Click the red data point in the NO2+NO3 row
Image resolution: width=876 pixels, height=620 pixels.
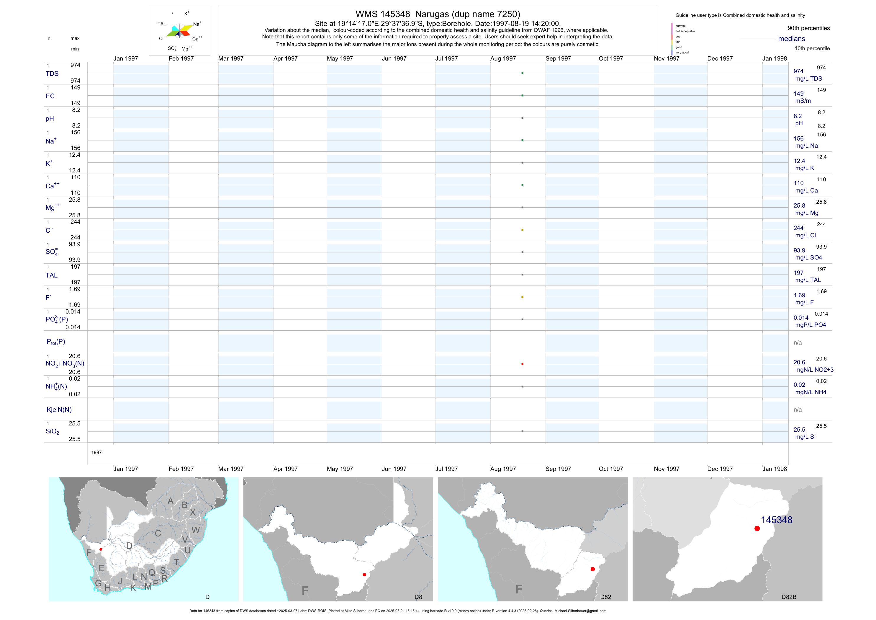522,364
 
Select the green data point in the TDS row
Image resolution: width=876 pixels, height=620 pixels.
522,73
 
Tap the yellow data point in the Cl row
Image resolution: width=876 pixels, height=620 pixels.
522,230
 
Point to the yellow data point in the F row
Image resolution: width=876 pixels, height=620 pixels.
522,297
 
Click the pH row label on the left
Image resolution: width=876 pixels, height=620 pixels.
50,119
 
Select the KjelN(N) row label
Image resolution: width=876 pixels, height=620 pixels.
59,410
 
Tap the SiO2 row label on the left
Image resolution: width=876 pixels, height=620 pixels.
52,431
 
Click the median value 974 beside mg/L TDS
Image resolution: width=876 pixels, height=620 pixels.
798,71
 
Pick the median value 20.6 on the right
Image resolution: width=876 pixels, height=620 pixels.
799,362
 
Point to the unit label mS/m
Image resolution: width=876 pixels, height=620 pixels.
803,101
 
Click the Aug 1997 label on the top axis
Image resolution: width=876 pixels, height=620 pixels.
503,58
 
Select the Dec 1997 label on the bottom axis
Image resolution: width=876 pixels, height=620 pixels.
720,469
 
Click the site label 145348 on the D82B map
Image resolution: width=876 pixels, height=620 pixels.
776,520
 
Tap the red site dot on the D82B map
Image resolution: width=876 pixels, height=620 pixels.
757,529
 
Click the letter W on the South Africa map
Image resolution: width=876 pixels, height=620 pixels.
196,530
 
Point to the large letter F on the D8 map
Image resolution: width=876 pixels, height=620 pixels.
305,590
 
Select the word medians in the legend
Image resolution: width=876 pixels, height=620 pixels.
791,39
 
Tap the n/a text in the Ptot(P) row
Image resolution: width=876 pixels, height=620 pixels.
798,343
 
